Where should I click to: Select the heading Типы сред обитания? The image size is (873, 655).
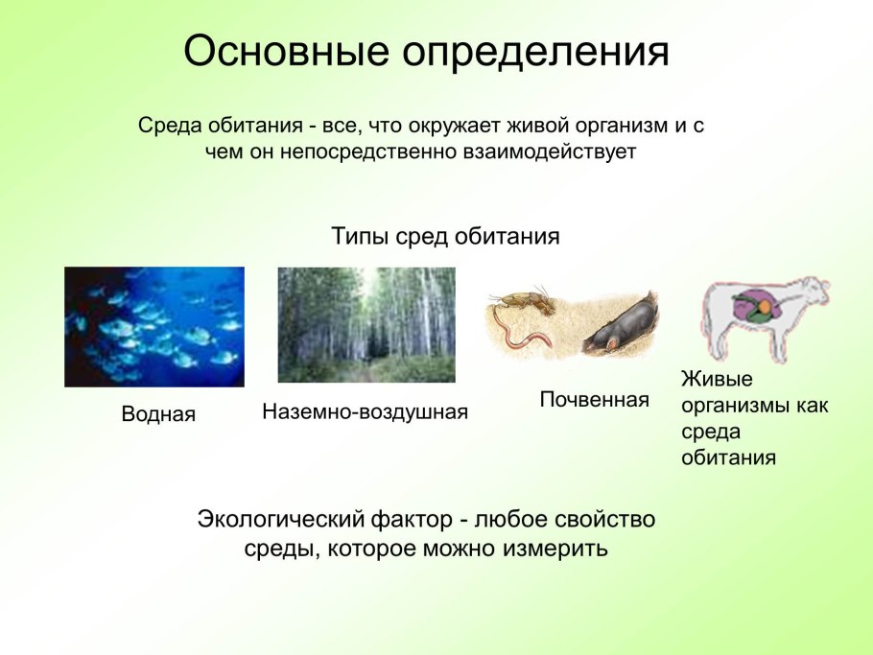[445, 236]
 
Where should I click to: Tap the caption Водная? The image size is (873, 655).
[158, 414]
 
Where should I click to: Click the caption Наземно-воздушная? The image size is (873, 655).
[365, 412]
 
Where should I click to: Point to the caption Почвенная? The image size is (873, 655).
[594, 399]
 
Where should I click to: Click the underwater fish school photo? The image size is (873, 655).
[154, 326]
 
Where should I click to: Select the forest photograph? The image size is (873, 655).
[366, 324]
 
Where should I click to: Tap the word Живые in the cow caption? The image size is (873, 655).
[706, 378]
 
